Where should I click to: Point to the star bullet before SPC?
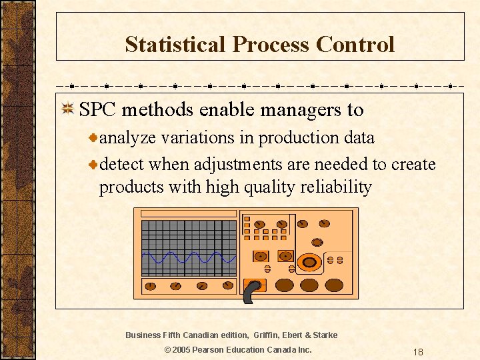67,110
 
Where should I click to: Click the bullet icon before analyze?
94,138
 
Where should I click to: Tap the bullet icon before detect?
94,164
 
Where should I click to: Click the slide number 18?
418,352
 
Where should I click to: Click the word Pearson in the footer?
213,350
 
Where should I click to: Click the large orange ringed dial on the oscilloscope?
310,261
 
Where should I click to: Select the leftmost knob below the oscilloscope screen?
150,286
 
